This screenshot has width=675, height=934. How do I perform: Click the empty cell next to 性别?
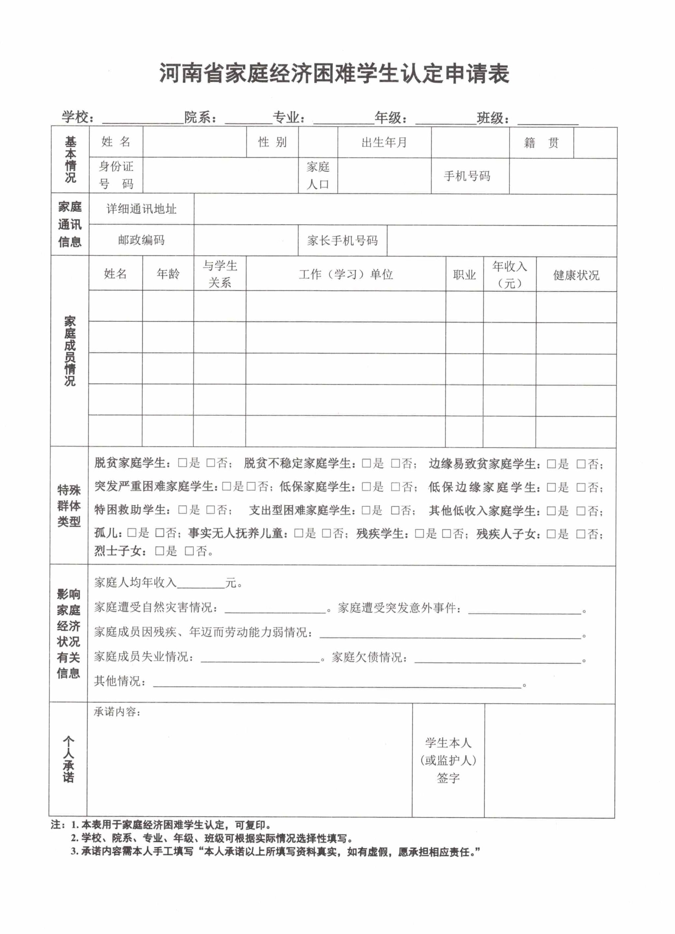point(318,142)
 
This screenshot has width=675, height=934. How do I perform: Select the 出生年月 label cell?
point(384,142)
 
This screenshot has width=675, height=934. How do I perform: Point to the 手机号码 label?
point(467,176)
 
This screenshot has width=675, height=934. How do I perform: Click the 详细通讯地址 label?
point(141,209)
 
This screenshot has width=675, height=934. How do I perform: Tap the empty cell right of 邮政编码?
point(246,240)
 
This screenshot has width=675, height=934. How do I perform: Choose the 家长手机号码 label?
point(342,241)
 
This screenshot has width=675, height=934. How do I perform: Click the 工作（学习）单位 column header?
point(345,274)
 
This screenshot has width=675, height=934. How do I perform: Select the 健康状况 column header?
point(576,275)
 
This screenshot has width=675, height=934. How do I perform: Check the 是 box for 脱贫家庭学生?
point(183,463)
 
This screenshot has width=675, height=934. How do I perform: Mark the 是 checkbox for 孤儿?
point(132,533)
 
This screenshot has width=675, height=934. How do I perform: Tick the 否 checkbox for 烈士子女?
point(189,551)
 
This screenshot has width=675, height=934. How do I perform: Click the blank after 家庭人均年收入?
point(201,582)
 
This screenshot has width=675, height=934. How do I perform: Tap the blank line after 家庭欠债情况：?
point(498,657)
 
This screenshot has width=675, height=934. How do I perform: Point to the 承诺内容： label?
point(117,712)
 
